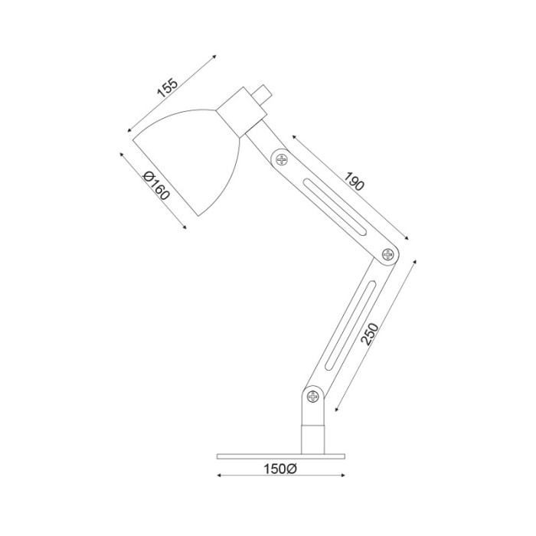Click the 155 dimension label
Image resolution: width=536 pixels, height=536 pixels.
[168, 89]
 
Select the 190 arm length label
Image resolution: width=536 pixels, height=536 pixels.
[354, 181]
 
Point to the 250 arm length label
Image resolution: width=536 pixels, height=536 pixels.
[370, 334]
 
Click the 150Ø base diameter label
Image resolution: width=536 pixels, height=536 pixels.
[280, 469]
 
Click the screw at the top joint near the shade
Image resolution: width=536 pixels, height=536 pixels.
[282, 159]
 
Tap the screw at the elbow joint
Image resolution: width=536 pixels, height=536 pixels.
[387, 254]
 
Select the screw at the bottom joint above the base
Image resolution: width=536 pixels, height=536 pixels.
[312, 397]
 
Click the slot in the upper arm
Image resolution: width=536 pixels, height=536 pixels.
[335, 207]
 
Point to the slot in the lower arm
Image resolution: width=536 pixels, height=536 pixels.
[351, 325]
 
